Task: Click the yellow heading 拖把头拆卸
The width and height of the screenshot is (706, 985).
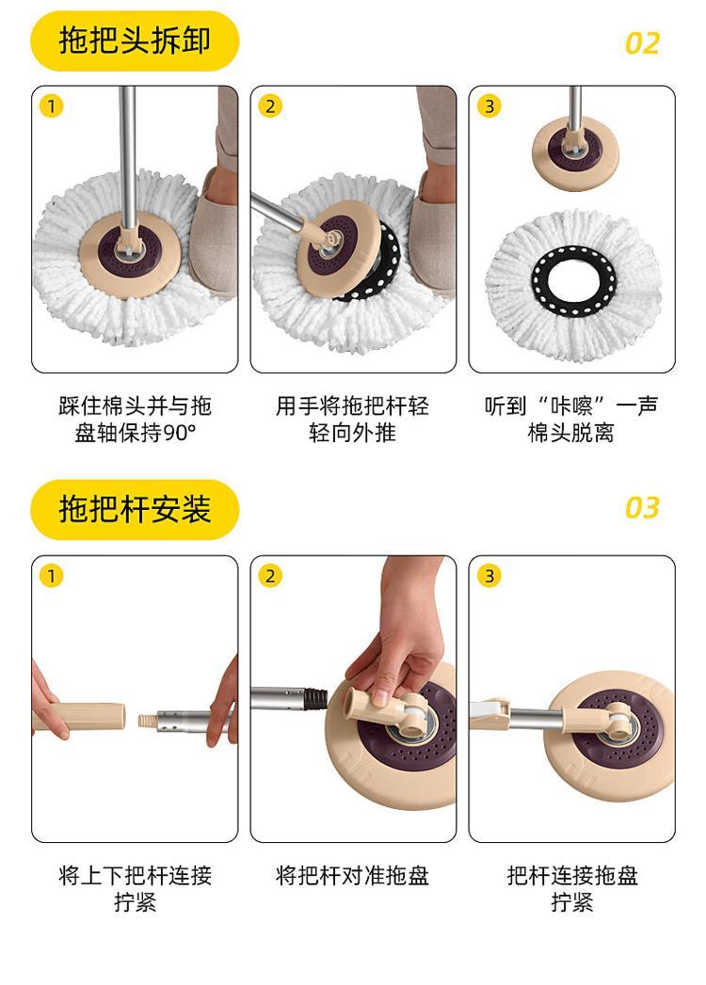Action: [135, 40]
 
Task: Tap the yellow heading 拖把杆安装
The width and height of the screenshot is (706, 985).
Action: [135, 509]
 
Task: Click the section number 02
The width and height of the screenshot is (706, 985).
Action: [642, 43]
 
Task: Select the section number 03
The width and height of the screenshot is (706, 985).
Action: [642, 508]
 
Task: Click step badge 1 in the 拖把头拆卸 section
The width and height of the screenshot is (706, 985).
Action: [52, 106]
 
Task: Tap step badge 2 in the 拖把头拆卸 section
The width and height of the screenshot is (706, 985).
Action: [270, 106]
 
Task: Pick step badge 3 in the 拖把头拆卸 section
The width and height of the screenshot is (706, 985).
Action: [489, 106]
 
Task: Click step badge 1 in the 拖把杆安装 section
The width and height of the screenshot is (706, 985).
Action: [52, 576]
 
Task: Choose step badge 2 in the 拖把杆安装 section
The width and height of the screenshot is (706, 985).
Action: [270, 576]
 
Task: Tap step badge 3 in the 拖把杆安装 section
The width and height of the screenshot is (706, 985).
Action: [489, 576]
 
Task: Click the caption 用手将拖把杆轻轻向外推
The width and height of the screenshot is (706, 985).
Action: [352, 419]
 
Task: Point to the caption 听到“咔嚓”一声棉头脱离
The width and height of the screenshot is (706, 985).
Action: [570, 419]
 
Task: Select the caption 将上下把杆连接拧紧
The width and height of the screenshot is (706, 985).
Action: [136, 888]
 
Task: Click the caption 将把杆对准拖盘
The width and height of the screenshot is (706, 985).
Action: [352, 875]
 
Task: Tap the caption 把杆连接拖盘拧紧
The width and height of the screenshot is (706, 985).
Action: [572, 888]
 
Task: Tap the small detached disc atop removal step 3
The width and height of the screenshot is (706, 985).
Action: [574, 154]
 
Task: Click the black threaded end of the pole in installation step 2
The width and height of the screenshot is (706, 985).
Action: [316, 697]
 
